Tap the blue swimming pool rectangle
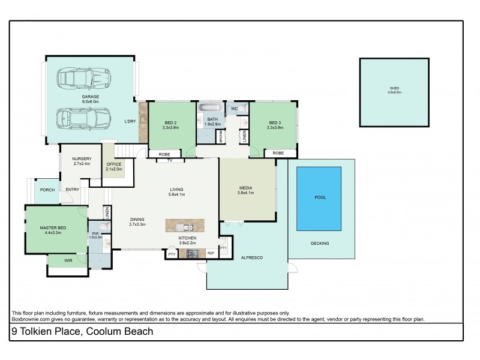click(x=319, y=197)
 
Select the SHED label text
click(x=394, y=89)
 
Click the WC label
click(x=235, y=109)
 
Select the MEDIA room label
click(x=246, y=188)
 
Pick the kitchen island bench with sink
click(x=185, y=226)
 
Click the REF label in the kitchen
click(x=211, y=254)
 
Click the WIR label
click(x=68, y=261)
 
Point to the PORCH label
click(x=47, y=190)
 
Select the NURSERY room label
click(x=82, y=158)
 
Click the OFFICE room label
click(x=114, y=164)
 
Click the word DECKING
click(x=319, y=243)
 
